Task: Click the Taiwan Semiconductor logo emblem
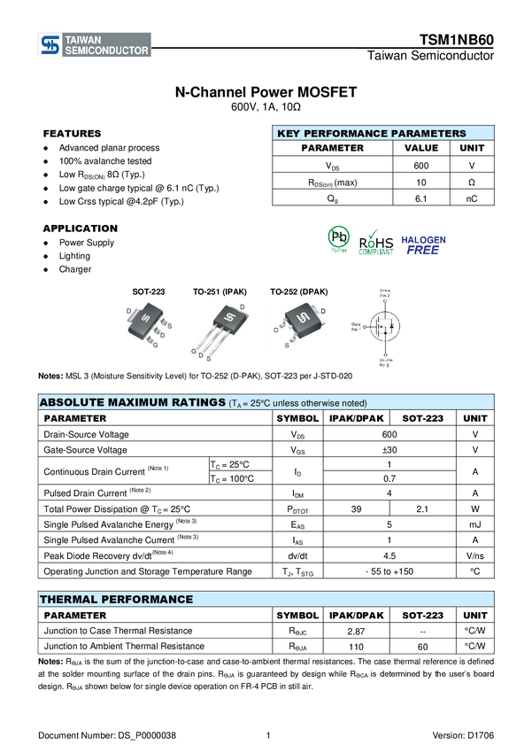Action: pos(50,45)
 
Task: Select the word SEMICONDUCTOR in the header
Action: pos(107,51)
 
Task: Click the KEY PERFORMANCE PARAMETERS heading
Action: pos(371,134)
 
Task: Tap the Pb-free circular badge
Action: pos(338,238)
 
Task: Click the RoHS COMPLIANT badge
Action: pos(377,242)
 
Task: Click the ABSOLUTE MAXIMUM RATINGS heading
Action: pos(133,403)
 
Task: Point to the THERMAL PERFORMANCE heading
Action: pos(116,600)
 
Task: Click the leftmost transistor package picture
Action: pos(148,325)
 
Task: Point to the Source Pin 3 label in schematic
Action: pos(384,361)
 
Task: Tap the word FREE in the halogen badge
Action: pos(423,250)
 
